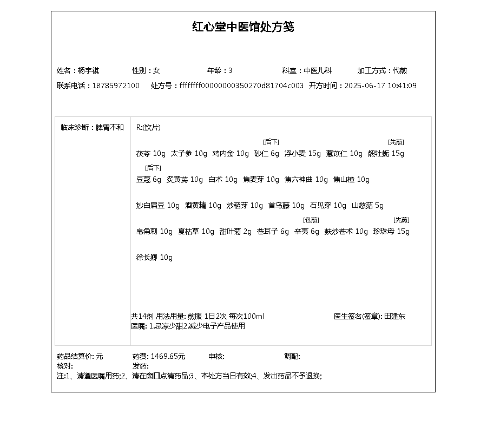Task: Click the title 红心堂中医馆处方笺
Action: pos(243,27)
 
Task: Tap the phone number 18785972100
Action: pos(116,86)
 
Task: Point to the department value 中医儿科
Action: pos(318,70)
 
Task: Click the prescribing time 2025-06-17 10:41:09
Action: pos(380,86)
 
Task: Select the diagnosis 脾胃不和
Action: pos(110,128)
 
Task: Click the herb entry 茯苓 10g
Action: pos(151,154)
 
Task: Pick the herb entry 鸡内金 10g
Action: pos(231,154)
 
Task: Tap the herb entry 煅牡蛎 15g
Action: pos(386,154)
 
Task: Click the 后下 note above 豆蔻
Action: pos(153,168)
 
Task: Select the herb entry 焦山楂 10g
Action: pos(351,180)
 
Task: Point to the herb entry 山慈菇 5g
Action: pos(367,206)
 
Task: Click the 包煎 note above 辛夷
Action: pos(311,220)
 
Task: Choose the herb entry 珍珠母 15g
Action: pos(391,232)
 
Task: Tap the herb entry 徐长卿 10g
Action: pos(154,258)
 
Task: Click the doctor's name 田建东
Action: pos(394,316)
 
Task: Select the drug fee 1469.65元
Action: pos(168,356)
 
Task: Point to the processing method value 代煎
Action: pos(400,70)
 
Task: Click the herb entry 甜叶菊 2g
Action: pos(235,232)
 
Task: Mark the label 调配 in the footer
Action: pos(292,356)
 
